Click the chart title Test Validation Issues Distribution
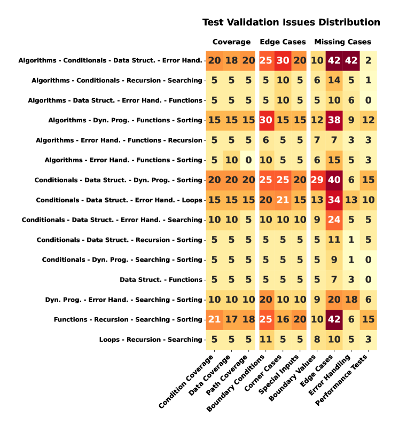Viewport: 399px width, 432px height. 291,22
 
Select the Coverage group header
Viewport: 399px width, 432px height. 231,42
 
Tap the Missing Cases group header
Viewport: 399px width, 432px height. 342,42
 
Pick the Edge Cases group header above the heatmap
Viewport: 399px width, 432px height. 283,42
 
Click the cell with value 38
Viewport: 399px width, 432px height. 334,120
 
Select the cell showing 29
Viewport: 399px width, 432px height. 317,180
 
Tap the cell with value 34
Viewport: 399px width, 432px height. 334,200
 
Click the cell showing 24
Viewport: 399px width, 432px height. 334,220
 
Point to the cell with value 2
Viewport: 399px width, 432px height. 368,60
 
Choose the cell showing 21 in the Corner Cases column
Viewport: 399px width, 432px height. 283,200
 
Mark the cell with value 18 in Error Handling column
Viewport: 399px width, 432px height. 351,300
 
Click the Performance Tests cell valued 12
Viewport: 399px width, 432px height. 368,120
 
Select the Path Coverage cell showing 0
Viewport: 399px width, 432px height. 248,160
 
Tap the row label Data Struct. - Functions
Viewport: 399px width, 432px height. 161,279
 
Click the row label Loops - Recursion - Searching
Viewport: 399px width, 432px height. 151,339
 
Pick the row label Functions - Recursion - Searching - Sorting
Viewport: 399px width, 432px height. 128,319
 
